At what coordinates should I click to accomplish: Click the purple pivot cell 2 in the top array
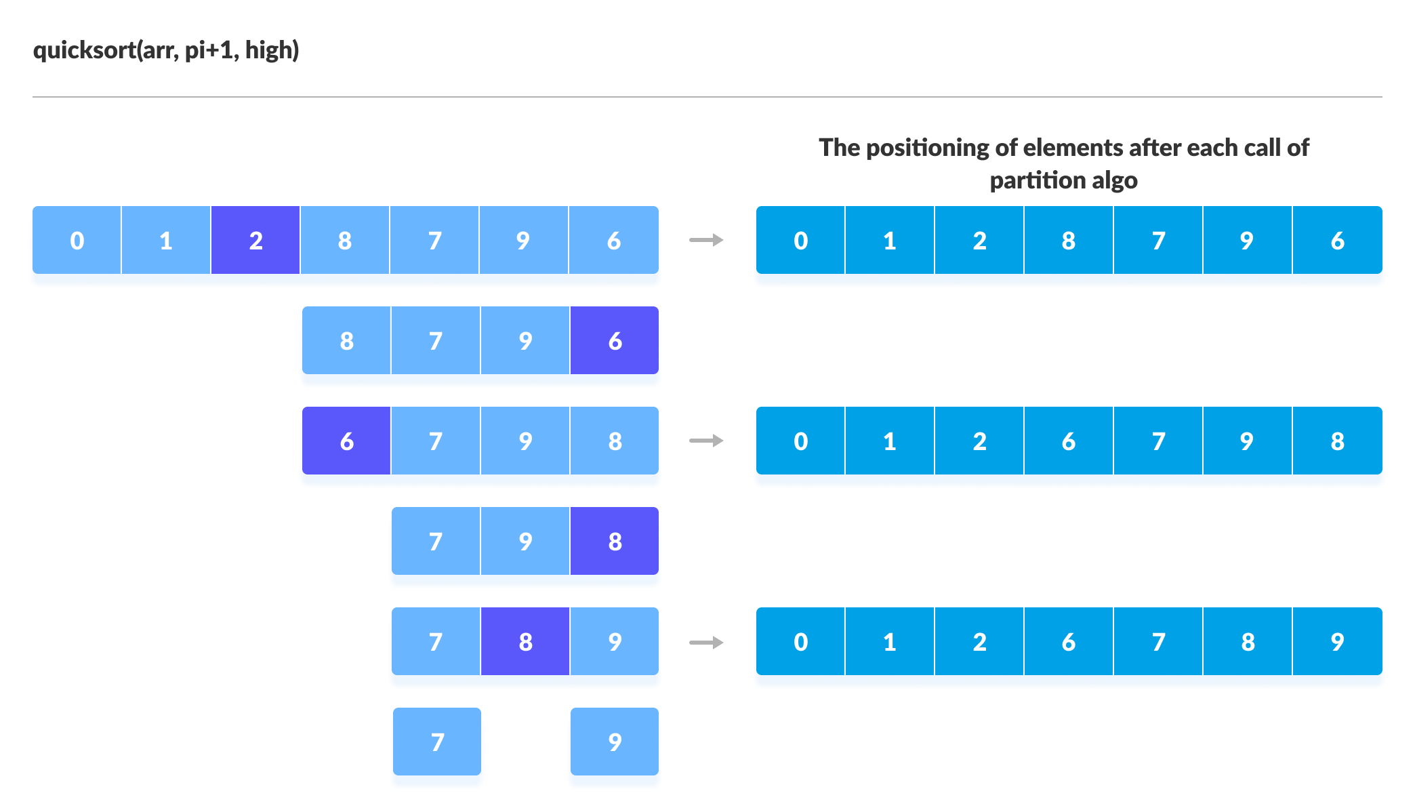255,241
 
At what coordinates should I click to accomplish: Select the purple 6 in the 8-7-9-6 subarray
614,341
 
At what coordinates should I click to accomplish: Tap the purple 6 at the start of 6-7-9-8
346,441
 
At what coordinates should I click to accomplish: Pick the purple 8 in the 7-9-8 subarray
614,542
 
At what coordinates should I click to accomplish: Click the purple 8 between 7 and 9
525,642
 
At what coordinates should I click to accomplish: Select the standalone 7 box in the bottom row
437,742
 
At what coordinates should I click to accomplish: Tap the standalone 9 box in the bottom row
614,742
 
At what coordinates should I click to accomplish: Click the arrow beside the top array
706,240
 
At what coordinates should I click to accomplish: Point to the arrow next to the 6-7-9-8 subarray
706,441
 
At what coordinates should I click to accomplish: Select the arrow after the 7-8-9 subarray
706,642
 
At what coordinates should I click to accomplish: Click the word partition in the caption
1037,181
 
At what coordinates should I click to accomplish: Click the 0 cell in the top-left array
77,241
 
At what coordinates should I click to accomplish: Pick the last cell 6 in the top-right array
1336,241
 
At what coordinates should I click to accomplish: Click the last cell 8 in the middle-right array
1336,441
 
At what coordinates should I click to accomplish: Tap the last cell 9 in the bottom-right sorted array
1336,642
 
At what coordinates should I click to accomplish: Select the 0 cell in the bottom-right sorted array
800,642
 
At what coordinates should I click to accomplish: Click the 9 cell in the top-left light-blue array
523,241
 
